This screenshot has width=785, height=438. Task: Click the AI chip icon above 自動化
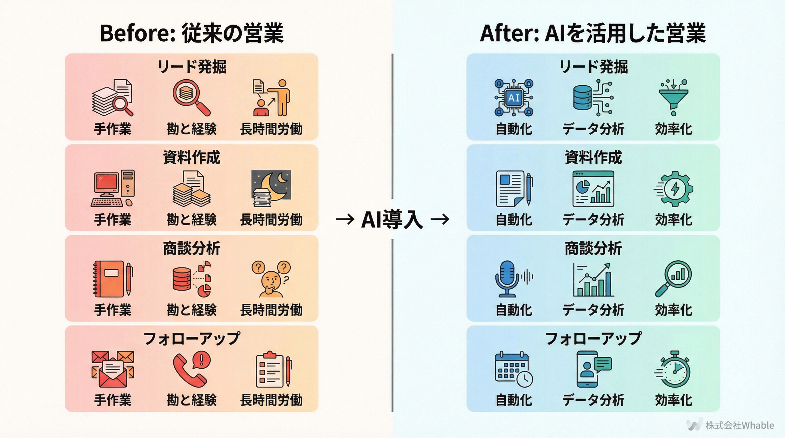point(514,98)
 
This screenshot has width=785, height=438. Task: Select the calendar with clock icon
point(513,370)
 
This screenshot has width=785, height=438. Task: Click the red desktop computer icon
point(112,188)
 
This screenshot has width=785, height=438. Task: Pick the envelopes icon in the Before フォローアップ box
point(112,369)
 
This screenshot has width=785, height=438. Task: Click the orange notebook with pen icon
point(112,279)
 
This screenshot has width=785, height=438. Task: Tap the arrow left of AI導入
point(345,219)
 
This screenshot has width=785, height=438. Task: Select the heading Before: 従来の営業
point(192,33)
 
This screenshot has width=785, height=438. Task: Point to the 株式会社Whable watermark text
point(740,425)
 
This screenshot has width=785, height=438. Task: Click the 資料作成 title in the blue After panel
point(593,157)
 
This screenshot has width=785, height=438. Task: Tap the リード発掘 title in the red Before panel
point(192,66)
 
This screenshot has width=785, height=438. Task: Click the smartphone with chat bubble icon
point(593,369)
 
